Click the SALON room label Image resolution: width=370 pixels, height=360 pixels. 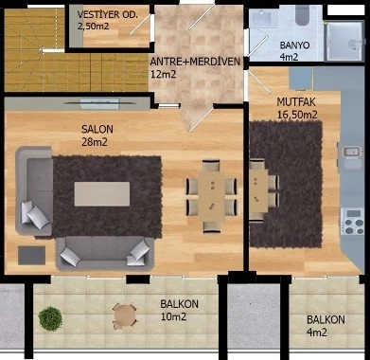coord(97,130)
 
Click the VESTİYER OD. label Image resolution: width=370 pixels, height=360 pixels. coord(108,14)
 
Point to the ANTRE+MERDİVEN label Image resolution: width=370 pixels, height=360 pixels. coord(195,62)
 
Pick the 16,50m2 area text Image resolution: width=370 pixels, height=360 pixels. coord(297,115)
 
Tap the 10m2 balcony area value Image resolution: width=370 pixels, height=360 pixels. coord(173,316)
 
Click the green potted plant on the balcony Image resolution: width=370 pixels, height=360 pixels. coord(50,318)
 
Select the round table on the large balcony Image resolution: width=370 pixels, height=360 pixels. coord(125,315)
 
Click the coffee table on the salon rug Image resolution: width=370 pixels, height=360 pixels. coord(102,194)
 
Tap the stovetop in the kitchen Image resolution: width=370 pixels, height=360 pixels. coord(352,221)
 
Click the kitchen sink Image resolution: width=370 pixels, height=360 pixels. coord(351,152)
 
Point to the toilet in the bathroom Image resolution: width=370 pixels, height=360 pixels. coord(302,16)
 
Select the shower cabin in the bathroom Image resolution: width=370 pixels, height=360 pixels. coord(344,41)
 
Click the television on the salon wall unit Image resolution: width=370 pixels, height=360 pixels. coord(99,103)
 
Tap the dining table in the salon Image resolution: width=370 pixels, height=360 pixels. coord(211,196)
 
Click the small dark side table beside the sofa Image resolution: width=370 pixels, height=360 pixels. coord(31,256)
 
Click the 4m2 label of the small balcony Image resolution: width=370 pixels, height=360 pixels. coord(316,333)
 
